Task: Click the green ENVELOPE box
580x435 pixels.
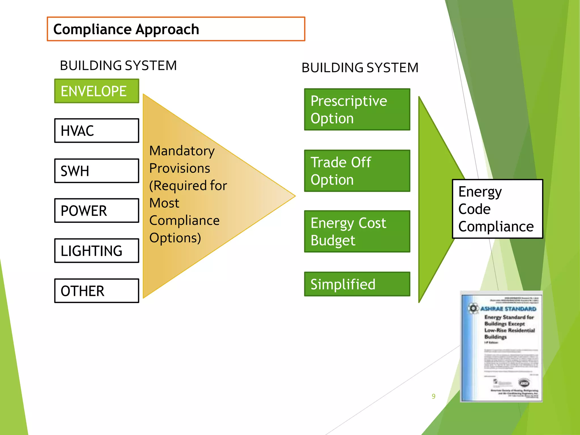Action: [97, 91]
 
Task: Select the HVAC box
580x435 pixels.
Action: [97, 131]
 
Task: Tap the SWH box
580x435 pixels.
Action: [97, 171]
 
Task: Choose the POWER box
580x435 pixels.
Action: [97, 211]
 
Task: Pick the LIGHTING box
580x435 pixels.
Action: [97, 251]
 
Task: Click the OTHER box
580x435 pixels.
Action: [97, 291]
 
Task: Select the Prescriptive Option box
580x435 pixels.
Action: [357, 109]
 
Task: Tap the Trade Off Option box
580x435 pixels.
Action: [357, 171]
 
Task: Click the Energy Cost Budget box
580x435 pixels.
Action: [357, 231]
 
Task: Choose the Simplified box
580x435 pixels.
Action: [357, 284]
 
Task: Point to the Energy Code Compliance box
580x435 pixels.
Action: [497, 209]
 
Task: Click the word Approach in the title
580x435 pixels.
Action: [167, 29]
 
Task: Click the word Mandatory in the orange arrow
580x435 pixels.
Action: [182, 151]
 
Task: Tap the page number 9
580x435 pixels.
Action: [433, 396]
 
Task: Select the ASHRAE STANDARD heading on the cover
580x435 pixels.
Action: [508, 309]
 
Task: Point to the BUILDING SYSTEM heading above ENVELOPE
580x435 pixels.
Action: [118, 65]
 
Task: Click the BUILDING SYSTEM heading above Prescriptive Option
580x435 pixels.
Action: [360, 68]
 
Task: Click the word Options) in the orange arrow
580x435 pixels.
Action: [175, 238]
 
